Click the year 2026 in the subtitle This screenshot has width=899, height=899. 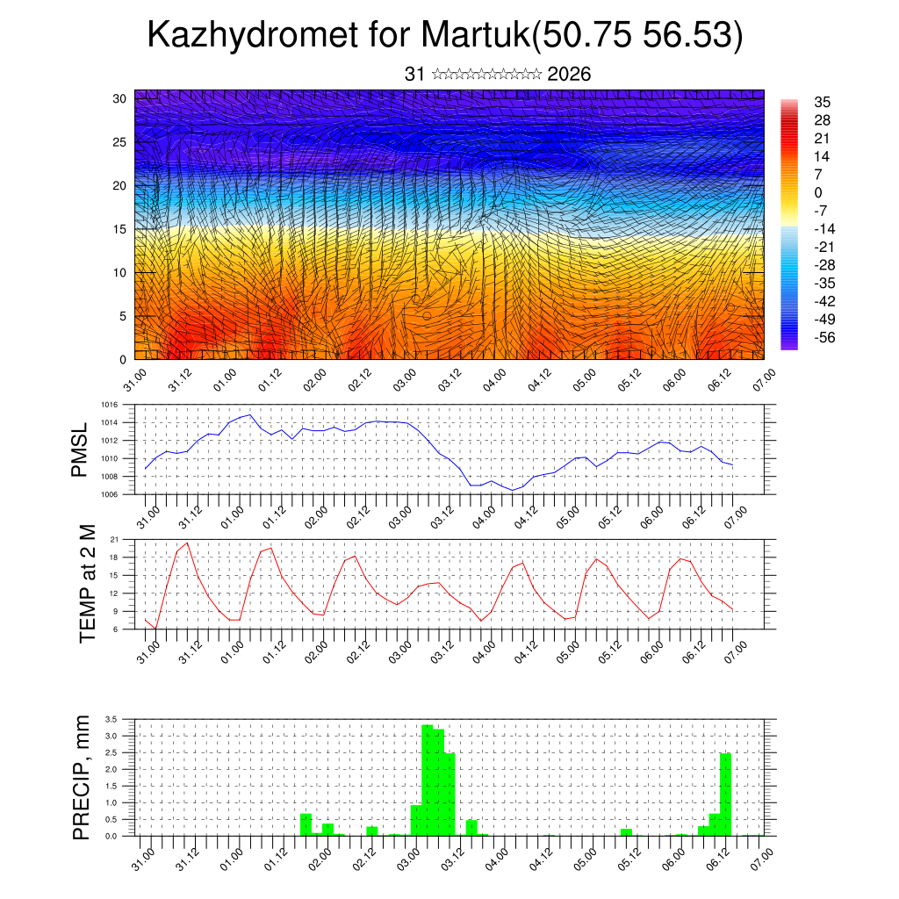pyautogui.click(x=569, y=75)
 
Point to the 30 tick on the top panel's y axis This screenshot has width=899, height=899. pyautogui.click(x=119, y=98)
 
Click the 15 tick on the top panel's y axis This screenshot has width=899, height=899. pyautogui.click(x=119, y=229)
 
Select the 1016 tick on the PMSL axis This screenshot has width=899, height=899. pyautogui.click(x=109, y=405)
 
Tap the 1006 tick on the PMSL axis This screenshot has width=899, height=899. pyautogui.click(x=109, y=494)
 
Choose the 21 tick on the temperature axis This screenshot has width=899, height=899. pyautogui.click(x=114, y=539)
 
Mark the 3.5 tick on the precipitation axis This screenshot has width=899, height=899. pyautogui.click(x=111, y=719)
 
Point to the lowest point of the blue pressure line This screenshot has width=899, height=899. pyautogui.click(x=513, y=490)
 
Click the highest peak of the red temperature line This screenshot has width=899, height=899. pyautogui.click(x=187, y=543)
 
